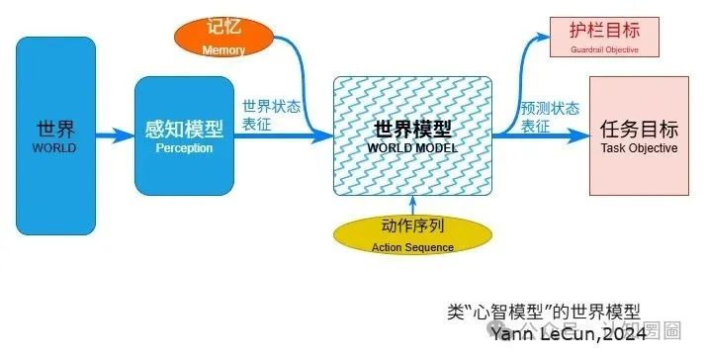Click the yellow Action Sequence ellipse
click(x=411, y=235)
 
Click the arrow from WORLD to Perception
click(x=115, y=136)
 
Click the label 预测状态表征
click(x=549, y=117)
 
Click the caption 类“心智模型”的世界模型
click(x=550, y=312)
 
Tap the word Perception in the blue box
click(x=183, y=148)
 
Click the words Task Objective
click(x=639, y=148)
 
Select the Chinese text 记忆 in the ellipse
click(x=223, y=28)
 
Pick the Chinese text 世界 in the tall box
click(x=56, y=128)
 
